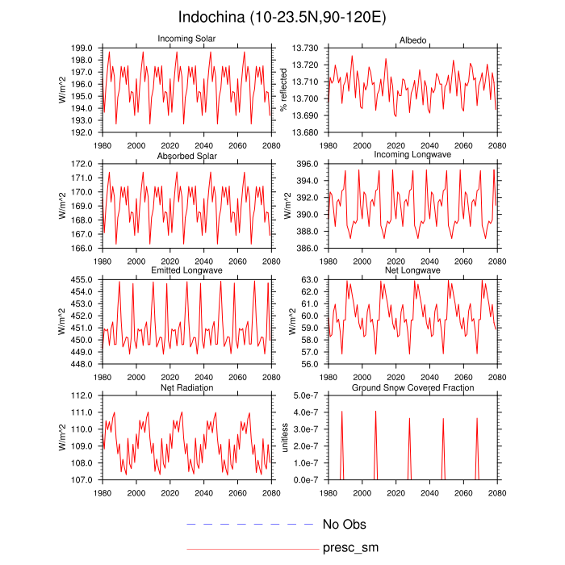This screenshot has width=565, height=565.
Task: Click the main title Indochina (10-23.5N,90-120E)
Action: pyautogui.click(x=282, y=17)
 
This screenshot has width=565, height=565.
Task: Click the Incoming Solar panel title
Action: pyautogui.click(x=186, y=39)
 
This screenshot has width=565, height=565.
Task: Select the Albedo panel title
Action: pyautogui.click(x=412, y=41)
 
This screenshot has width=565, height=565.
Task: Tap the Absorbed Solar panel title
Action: pyautogui.click(x=186, y=155)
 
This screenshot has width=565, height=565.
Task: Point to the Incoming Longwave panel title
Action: pyautogui.click(x=412, y=155)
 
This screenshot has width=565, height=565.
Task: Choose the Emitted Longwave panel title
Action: pyautogui.click(x=186, y=270)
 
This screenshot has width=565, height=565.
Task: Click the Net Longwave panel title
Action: pyautogui.click(x=412, y=270)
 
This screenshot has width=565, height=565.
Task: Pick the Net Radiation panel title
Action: pyautogui.click(x=186, y=388)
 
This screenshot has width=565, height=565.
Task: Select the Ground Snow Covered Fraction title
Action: pyautogui.click(x=412, y=388)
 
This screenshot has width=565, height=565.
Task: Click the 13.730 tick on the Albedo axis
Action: pyautogui.click(x=307, y=48)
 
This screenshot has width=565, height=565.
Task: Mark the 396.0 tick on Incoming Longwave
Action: pyautogui.click(x=312, y=165)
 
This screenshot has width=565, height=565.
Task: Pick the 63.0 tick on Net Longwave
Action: pyautogui.click(x=314, y=280)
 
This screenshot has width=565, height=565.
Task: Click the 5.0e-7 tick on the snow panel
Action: pyautogui.click(x=308, y=396)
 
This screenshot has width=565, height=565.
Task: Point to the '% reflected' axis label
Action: pyautogui.click(x=283, y=90)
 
